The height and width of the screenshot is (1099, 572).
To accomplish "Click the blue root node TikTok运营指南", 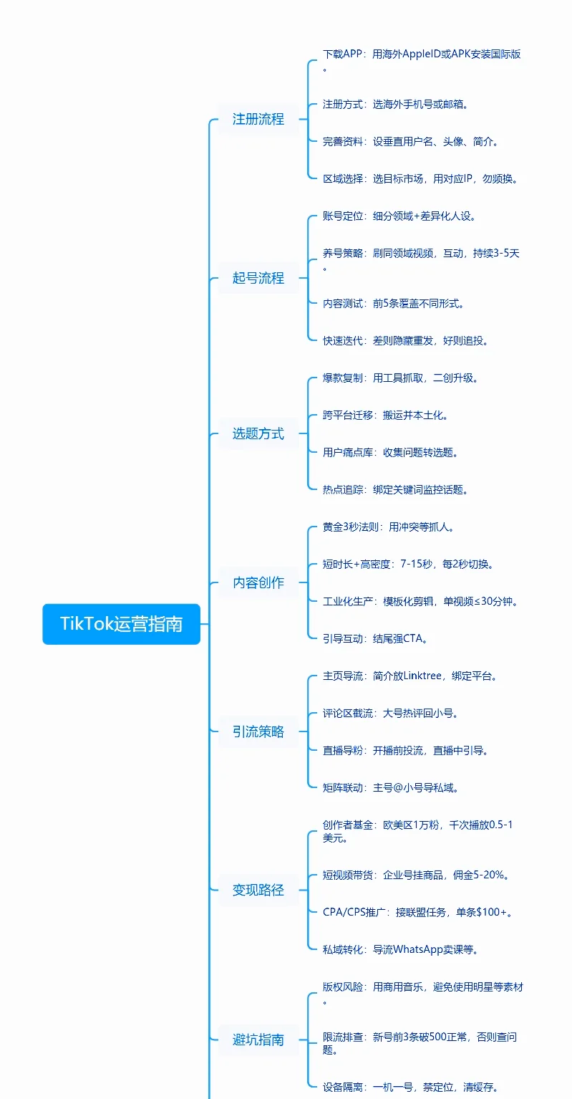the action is click(122, 623).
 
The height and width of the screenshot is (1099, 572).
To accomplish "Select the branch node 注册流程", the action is click(258, 119).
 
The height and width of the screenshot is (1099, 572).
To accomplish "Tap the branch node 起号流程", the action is click(258, 278).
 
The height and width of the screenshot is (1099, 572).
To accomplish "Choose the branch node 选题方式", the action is click(258, 433).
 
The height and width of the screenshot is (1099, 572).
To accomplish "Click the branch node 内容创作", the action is click(258, 583).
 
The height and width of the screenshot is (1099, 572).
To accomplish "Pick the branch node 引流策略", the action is click(258, 732).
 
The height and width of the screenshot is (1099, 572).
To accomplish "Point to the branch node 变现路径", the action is click(258, 890).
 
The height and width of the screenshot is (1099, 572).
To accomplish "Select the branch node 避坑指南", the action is click(258, 1040).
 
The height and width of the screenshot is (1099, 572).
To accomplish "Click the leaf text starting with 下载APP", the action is click(422, 60).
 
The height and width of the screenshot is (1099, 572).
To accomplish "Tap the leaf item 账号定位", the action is click(399, 216).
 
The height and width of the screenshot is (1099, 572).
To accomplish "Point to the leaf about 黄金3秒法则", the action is click(388, 527).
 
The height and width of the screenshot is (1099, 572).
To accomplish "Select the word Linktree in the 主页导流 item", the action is click(422, 676).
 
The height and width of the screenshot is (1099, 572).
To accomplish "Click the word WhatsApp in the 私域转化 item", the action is click(417, 949).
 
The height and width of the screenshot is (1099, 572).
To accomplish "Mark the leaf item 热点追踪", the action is click(395, 489).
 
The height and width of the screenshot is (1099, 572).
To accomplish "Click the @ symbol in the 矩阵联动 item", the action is click(397, 788).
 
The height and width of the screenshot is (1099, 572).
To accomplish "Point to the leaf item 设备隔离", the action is click(410, 1088).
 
